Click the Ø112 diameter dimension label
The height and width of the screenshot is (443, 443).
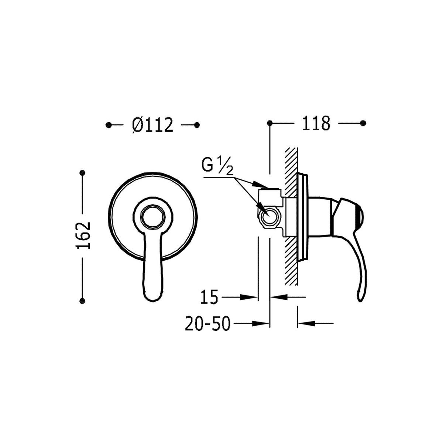pyautogui.click(x=152, y=125)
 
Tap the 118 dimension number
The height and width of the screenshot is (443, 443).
pyautogui.click(x=316, y=123)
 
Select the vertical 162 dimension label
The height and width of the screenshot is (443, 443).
pyautogui.click(x=83, y=236)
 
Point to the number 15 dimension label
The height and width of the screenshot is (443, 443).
pyautogui.click(x=209, y=297)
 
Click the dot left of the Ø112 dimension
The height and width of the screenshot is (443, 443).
pyautogui.click(x=109, y=125)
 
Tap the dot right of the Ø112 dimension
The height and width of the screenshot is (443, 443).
pyautogui.click(x=197, y=125)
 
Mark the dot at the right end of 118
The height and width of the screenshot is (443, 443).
pyautogui.click(x=363, y=123)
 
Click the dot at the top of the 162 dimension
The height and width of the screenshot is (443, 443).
pyautogui.click(x=82, y=173)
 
